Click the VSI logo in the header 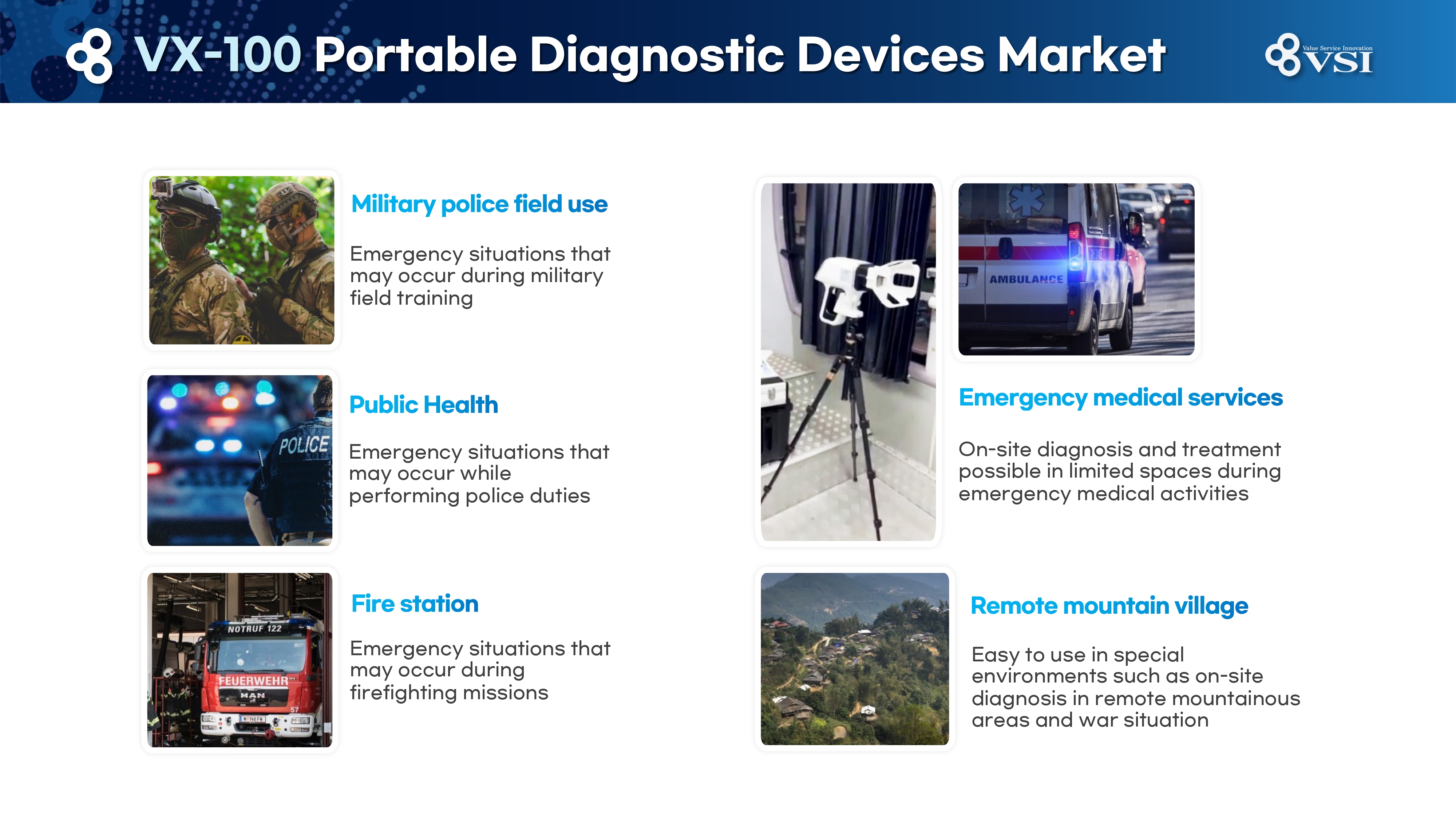pyautogui.click(x=1319, y=55)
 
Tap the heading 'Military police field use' pyautogui.click(x=479, y=204)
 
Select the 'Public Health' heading pyautogui.click(x=423, y=405)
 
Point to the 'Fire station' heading pyautogui.click(x=415, y=604)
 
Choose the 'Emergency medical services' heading pyautogui.click(x=1121, y=398)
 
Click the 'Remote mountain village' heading pyautogui.click(x=1109, y=606)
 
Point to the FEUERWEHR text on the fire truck pyautogui.click(x=253, y=681)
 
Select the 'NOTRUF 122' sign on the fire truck pyautogui.click(x=254, y=629)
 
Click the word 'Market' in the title pyautogui.click(x=1081, y=55)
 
